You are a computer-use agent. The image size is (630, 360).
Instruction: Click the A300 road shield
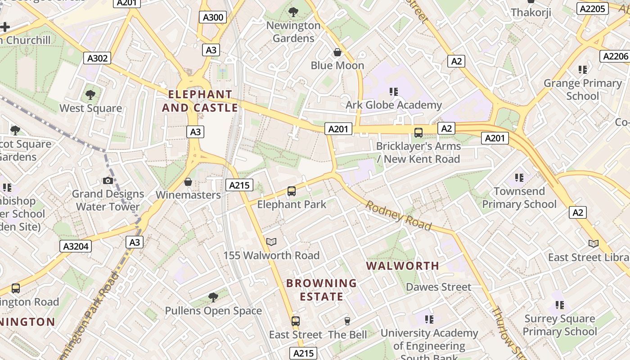point(212,17)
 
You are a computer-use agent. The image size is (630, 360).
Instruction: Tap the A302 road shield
point(97,58)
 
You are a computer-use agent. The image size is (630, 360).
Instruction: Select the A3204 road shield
point(76,246)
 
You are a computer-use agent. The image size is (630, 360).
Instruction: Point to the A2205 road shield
point(592,9)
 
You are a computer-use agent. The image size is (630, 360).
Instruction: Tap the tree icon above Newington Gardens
point(293,12)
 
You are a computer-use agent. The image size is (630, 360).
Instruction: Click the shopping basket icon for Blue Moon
point(337,53)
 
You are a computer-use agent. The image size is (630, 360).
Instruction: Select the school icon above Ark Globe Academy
point(394,92)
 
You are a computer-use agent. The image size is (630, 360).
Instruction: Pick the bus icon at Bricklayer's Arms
point(418,133)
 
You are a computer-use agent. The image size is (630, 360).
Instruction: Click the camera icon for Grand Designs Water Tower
point(108,180)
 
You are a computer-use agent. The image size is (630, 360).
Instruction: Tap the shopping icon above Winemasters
point(188,182)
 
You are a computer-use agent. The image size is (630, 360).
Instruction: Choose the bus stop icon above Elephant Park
point(292,191)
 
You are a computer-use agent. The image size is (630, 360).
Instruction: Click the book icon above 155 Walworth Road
point(271,242)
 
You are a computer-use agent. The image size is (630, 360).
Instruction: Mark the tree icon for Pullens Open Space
point(213,297)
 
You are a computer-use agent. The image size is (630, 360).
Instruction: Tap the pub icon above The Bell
point(347,321)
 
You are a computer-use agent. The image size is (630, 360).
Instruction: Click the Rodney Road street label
point(398,216)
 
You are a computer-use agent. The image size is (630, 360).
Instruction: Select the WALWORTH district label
point(402,266)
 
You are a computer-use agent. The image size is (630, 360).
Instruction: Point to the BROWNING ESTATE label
point(321,290)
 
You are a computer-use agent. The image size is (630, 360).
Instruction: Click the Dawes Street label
point(438,287)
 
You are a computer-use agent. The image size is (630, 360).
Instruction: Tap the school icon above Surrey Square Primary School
point(560,306)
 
